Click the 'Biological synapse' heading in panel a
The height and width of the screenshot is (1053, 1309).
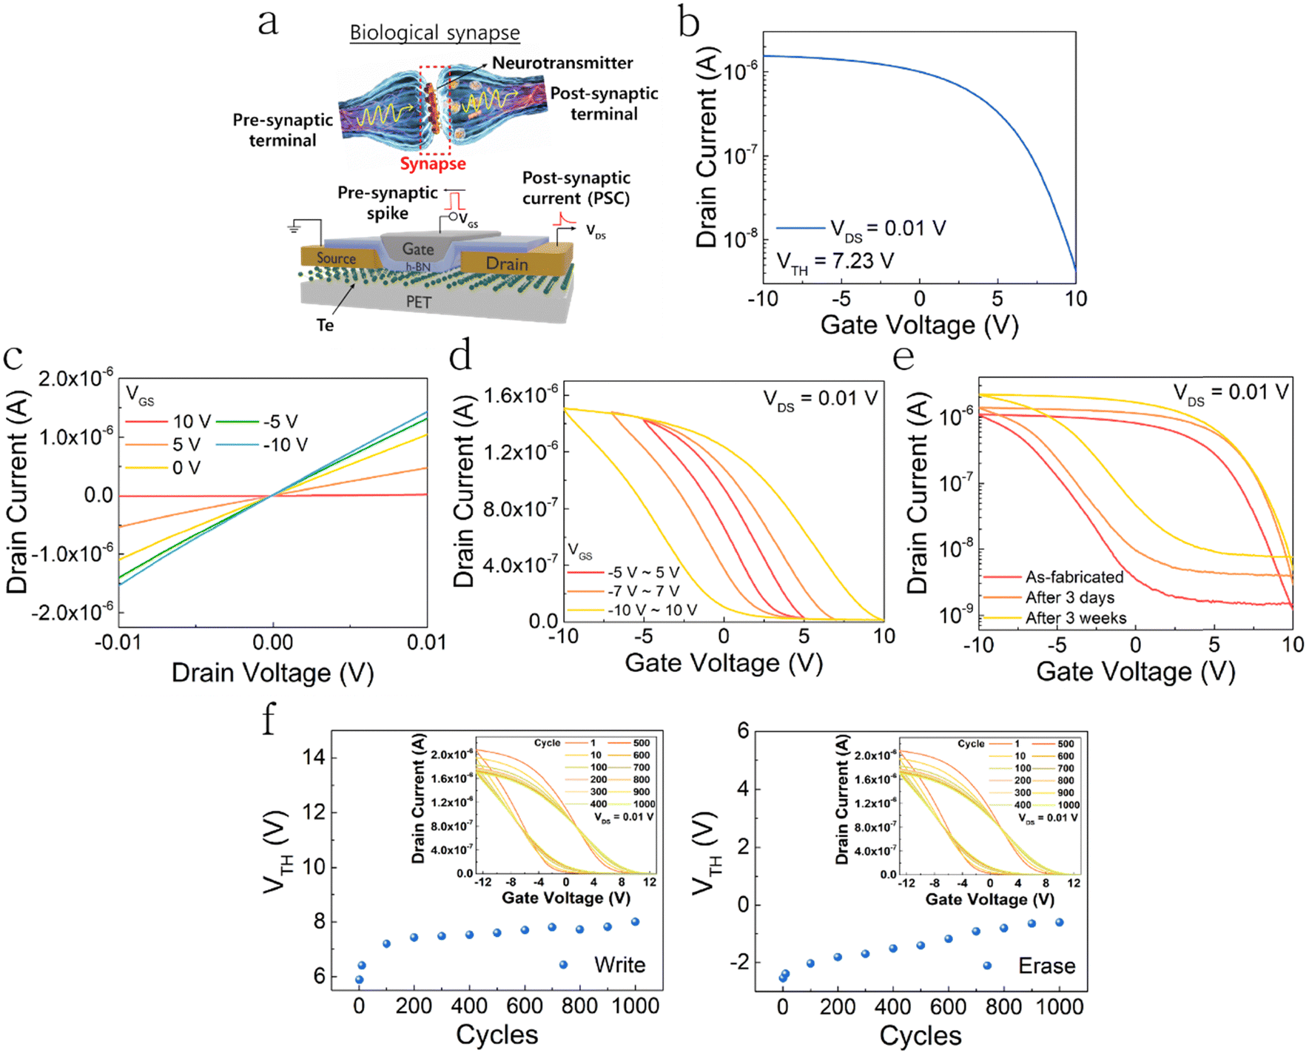pyautogui.click(x=434, y=33)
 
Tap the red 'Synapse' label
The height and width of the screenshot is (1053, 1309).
pyautogui.click(x=433, y=164)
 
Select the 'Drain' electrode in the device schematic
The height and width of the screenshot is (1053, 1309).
pyautogui.click(x=507, y=263)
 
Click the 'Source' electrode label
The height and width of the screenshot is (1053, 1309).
pyautogui.click(x=336, y=258)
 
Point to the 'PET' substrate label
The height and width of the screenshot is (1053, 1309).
pyautogui.click(x=418, y=302)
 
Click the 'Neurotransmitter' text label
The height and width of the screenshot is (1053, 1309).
pyautogui.click(x=562, y=63)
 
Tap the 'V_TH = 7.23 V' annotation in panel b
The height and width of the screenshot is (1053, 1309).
pyautogui.click(x=835, y=262)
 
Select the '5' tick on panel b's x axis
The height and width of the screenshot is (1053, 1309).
pyautogui.click(x=997, y=299)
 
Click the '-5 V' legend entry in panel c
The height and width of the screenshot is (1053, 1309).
pyautogui.click(x=280, y=422)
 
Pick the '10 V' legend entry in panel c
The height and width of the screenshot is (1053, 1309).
pyautogui.click(x=192, y=422)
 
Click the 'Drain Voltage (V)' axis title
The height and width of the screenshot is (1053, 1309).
pyautogui.click(x=272, y=673)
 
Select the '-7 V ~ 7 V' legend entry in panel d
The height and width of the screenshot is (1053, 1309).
pyautogui.click(x=643, y=591)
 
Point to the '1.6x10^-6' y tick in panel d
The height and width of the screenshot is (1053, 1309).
pyautogui.click(x=519, y=395)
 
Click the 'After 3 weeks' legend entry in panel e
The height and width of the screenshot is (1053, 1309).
pyautogui.click(x=1075, y=618)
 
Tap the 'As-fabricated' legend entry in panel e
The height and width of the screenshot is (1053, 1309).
pyautogui.click(x=1074, y=576)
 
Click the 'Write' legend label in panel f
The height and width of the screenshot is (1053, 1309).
pyautogui.click(x=619, y=965)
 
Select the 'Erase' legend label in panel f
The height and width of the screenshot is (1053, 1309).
pyautogui.click(x=1046, y=966)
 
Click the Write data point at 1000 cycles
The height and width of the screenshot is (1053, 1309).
pyautogui.click(x=635, y=922)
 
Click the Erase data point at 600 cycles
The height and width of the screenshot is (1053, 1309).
pyautogui.click(x=949, y=939)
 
